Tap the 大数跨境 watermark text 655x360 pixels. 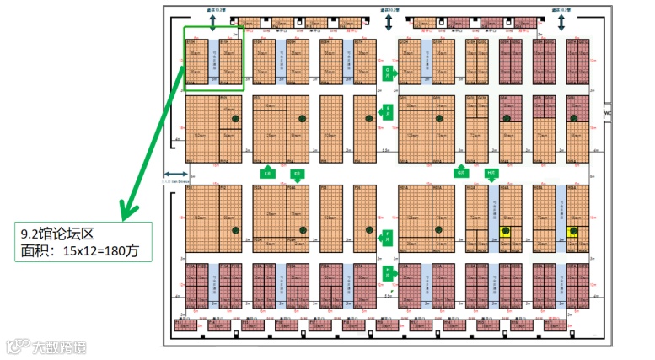(59, 347)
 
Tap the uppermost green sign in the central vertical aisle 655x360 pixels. (388, 73)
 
